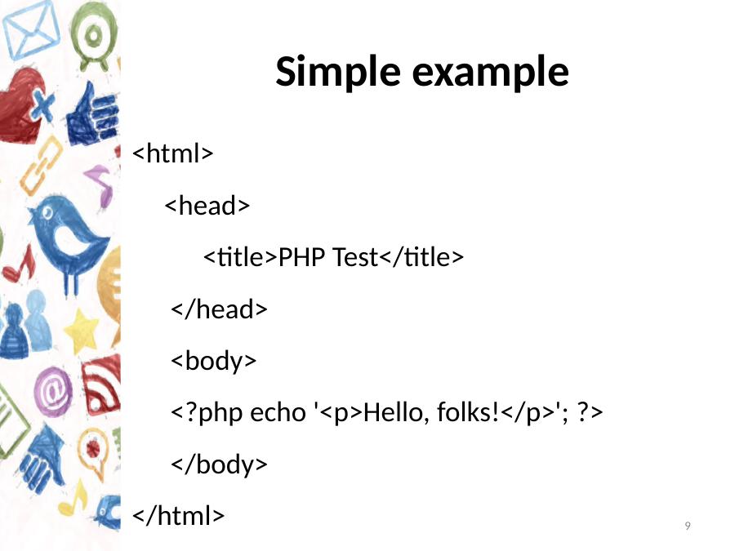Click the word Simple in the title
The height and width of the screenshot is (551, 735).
(x=337, y=72)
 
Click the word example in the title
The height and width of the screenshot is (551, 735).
(x=490, y=72)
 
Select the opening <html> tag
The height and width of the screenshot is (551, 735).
(x=173, y=153)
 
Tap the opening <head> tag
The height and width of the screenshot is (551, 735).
(x=207, y=205)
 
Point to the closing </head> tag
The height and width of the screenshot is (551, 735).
(x=219, y=309)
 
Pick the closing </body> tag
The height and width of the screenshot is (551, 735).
(x=219, y=464)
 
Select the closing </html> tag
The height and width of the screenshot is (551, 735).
(x=179, y=515)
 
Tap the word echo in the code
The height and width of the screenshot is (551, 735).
(x=278, y=412)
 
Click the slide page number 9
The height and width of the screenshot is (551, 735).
(x=688, y=526)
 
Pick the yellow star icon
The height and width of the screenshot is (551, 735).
(x=82, y=331)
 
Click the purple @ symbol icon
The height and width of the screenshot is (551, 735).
(x=53, y=391)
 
